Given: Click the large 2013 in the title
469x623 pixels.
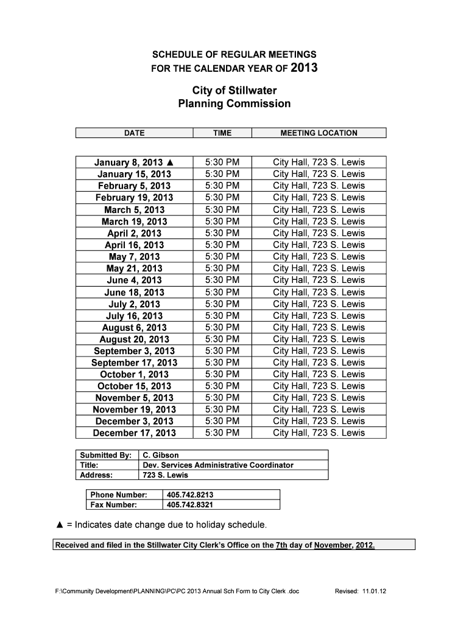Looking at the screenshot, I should point(304,68).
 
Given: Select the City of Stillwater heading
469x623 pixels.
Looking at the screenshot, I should point(234,91).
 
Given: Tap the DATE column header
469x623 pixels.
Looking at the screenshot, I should point(135,133).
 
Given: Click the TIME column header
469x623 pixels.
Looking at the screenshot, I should point(222,133).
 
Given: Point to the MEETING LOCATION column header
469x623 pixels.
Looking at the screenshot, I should point(319,133).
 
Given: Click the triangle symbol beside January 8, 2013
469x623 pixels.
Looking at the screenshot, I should point(170,162).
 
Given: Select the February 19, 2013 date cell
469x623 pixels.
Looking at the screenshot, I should point(135,198).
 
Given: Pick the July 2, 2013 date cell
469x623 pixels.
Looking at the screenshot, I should point(135,304).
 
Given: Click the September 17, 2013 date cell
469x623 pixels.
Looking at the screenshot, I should point(135,363).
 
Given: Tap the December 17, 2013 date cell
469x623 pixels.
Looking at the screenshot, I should point(135,433).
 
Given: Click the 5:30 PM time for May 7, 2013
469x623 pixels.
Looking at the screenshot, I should point(222,257).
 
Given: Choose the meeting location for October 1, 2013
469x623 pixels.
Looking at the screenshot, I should point(319,374).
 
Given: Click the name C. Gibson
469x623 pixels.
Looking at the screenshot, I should point(161,455).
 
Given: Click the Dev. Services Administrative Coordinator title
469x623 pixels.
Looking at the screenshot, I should point(217,465).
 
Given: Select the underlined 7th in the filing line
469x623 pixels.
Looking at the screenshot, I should point(281,545).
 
